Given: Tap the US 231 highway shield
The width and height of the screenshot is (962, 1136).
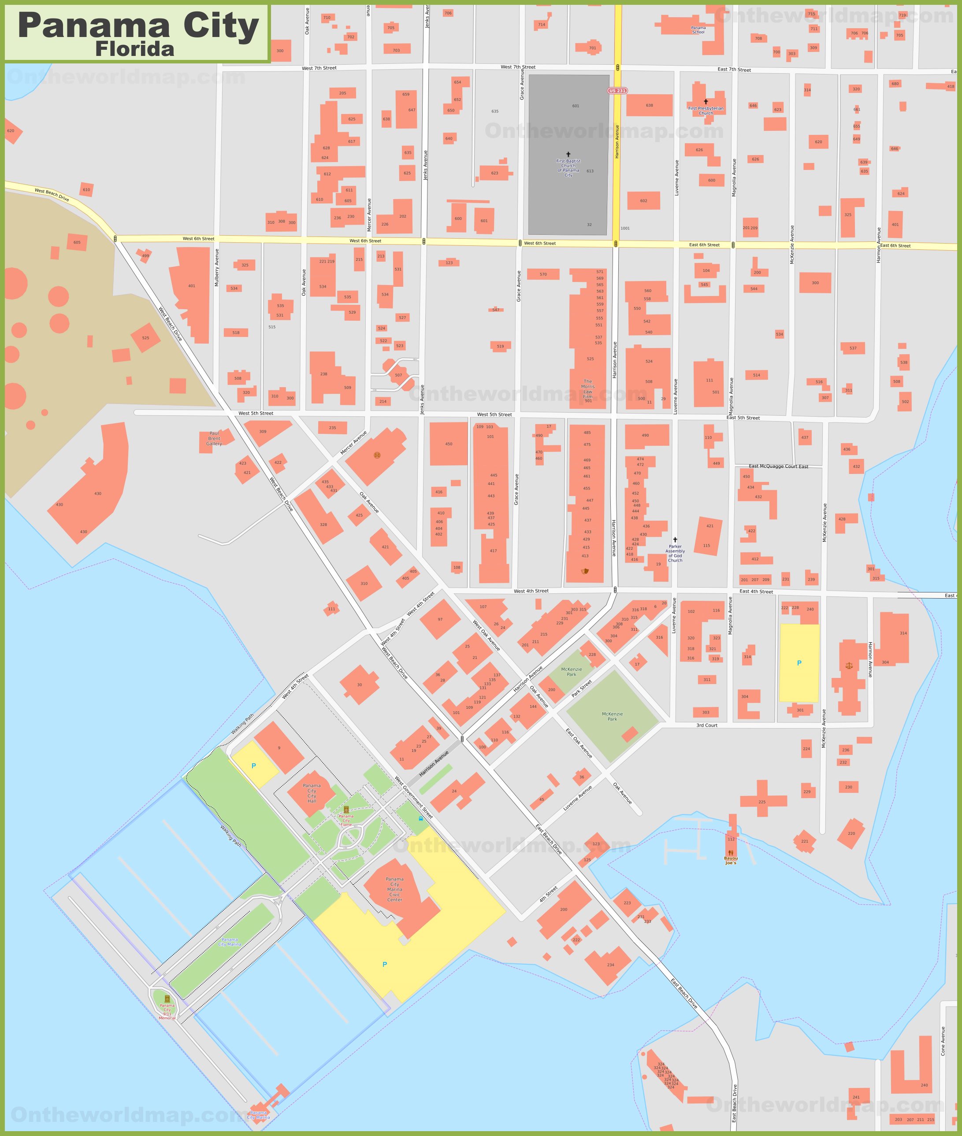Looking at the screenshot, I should [617, 90].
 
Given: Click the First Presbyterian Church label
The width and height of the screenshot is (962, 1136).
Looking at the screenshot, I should [705, 110].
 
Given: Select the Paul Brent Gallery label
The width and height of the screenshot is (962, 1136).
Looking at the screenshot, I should [214, 438].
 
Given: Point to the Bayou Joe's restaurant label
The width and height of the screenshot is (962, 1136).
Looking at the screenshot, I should [730, 861].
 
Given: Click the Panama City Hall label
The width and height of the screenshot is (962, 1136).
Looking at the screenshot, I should [312, 793].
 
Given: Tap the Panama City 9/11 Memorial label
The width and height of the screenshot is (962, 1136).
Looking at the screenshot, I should [167, 1012].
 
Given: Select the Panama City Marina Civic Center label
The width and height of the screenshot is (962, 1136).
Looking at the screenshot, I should [394, 889].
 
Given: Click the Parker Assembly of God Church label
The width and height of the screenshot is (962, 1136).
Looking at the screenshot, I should [675, 553].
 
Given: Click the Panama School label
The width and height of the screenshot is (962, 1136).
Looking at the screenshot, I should [698, 30].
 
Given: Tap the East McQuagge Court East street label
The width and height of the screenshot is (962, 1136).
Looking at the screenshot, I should [778, 466].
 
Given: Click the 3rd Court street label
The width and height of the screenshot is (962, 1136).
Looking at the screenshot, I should [707, 725].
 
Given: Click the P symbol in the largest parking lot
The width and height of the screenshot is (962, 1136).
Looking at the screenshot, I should [384, 964].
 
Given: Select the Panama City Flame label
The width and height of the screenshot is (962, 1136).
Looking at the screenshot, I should [346, 820].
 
